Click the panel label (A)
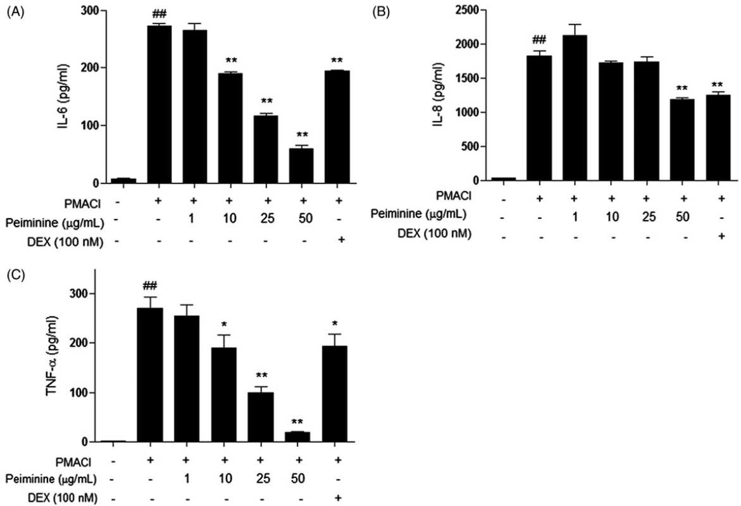click(14, 13)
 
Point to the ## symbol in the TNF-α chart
click(150, 285)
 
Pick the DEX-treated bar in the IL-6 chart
click(337, 126)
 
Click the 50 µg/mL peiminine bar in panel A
click(301, 166)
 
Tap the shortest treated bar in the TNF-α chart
click(297, 437)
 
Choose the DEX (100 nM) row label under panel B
click(434, 233)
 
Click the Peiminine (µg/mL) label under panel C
click(51, 479)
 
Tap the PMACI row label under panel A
click(83, 204)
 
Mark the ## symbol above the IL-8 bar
click(539, 40)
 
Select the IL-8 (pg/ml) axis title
click(439, 94)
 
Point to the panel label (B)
click(381, 13)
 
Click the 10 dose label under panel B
click(612, 216)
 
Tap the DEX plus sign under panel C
click(337, 497)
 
